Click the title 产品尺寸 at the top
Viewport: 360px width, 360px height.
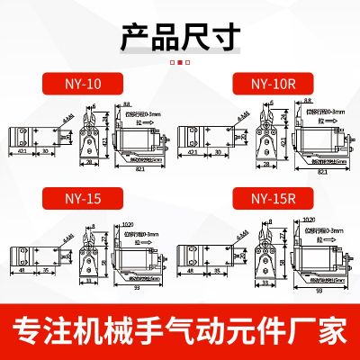(x=180, y=38)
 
